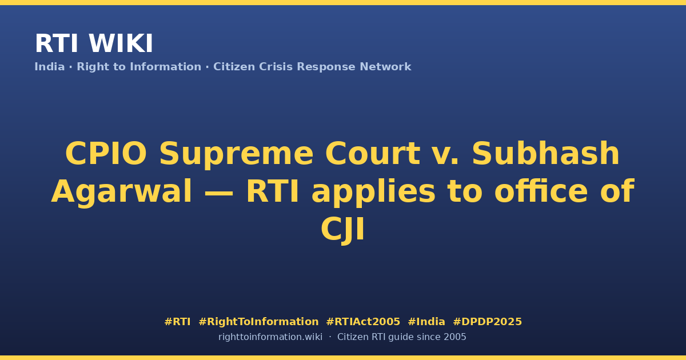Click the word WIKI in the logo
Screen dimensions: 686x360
pos(121,43)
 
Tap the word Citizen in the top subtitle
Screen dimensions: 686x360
pos(234,67)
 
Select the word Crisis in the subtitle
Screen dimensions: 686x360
pos(276,67)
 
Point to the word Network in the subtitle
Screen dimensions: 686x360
pos(385,67)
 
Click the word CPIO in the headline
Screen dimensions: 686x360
pos(106,153)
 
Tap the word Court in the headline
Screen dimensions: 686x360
pos(373,153)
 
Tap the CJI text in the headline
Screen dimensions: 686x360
pos(342,230)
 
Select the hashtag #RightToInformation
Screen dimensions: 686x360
pos(258,322)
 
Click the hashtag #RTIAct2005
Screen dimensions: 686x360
pos(363,322)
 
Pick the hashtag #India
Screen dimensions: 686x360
pos(426,322)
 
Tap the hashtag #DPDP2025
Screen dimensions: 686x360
pos(487,322)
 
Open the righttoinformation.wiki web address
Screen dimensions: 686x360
pos(270,337)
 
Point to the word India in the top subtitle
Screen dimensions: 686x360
pos(50,67)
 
